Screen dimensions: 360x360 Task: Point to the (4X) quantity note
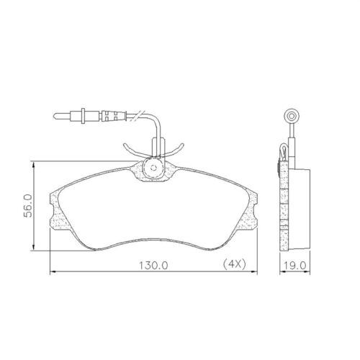[x=235, y=264]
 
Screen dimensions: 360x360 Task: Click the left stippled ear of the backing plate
[x=55, y=209]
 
